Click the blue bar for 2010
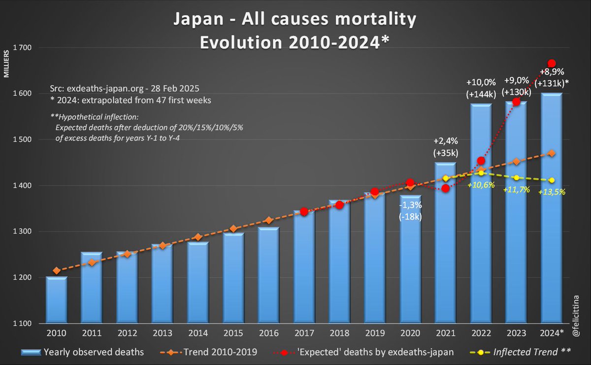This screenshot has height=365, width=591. click(x=57, y=300)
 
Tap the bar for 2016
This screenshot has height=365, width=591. click(x=269, y=276)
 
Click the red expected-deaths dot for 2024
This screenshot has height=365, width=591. click(x=552, y=63)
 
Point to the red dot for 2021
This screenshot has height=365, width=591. click(x=446, y=189)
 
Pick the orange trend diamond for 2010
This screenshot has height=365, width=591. click(x=57, y=270)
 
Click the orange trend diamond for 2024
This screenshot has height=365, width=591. click(x=552, y=153)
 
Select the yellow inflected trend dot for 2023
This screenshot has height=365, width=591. click(x=516, y=177)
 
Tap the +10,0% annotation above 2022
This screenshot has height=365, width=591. click(x=481, y=81)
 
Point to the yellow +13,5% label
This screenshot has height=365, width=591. click(x=552, y=192)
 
